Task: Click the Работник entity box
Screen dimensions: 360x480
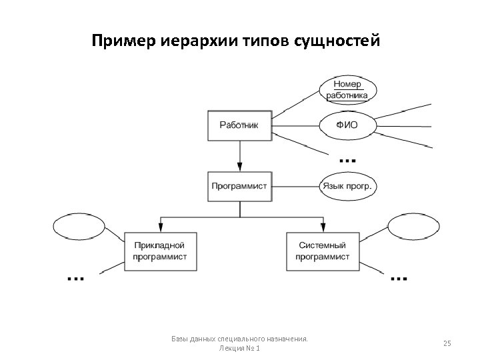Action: pyautogui.click(x=239, y=125)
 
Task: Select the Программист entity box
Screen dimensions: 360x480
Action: pyautogui.click(x=239, y=186)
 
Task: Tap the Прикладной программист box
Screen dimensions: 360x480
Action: pyautogui.click(x=160, y=251)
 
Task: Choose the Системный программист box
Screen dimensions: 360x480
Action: pyautogui.click(x=322, y=251)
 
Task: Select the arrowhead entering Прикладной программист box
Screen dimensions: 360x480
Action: pyautogui.click(x=160, y=227)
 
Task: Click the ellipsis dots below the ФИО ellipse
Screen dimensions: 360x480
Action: pyautogui.click(x=347, y=161)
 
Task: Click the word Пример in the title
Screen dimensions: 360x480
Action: pyautogui.click(x=124, y=42)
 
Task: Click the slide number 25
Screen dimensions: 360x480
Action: pyautogui.click(x=447, y=343)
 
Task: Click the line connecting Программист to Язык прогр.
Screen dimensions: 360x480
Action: pyautogui.click(x=295, y=186)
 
